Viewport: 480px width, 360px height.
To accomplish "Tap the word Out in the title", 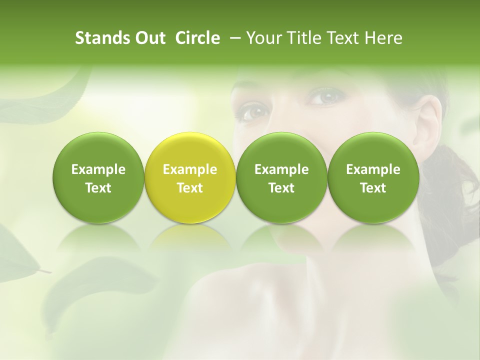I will (x=148, y=38).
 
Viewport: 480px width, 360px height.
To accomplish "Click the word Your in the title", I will (x=260, y=38).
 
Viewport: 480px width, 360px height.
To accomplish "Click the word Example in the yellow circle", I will (x=190, y=170).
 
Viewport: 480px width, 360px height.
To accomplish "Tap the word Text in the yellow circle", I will (x=190, y=188).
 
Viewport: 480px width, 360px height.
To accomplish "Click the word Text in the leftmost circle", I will (x=98, y=188).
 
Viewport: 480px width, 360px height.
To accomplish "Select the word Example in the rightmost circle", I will (x=373, y=170).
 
